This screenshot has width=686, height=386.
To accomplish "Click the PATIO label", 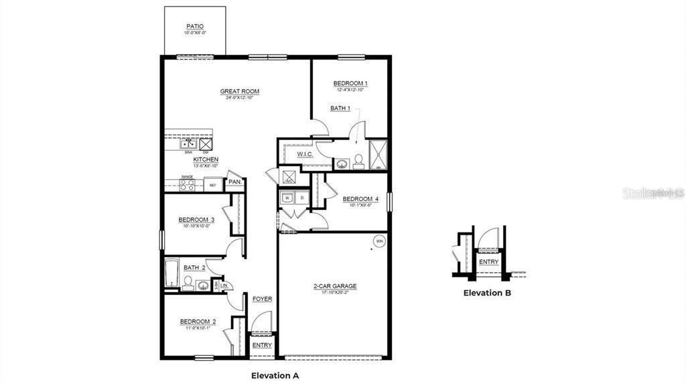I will point(195,26).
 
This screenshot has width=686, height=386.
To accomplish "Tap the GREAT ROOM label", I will point(240,91).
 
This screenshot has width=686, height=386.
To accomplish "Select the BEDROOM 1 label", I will point(350,84).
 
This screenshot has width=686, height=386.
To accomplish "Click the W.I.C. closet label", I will point(305,155).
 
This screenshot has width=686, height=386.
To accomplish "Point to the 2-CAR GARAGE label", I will point(335,286).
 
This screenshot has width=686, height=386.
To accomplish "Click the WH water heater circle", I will point(379,241).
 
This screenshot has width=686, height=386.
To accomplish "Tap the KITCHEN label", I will point(206,159).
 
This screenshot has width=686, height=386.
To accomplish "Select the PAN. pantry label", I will point(234,182).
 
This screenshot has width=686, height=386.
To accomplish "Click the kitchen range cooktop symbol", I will point(187,184).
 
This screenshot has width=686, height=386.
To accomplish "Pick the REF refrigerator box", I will point(213,184).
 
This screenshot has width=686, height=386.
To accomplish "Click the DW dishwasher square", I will point(206,143).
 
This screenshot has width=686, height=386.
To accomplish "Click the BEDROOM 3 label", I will point(196,220).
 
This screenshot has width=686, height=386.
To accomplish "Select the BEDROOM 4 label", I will point(360,199).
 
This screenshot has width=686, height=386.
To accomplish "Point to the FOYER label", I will point(262,299).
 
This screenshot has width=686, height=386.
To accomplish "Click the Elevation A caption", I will point(275,375).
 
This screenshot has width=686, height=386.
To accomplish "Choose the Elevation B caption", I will point(488,293).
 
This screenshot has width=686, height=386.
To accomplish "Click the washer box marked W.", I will point(287,198).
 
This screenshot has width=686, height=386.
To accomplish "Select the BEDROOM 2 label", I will point(198,322).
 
